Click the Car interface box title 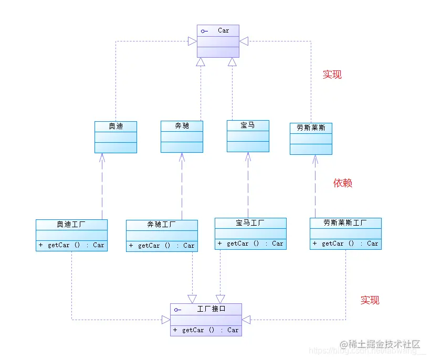(223, 30)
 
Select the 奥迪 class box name (115, 126)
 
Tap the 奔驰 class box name (182, 126)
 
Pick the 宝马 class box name (248, 125)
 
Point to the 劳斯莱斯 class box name (311, 128)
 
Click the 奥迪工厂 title (71, 225)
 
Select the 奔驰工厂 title (162, 225)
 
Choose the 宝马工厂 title (250, 223)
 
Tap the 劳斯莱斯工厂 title (345, 223)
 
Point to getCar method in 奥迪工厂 (71, 245)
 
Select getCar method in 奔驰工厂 (162, 246)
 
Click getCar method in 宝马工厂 (250, 243)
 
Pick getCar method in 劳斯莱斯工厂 (345, 243)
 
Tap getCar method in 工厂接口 (206, 330)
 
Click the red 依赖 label (342, 183)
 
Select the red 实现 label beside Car (332, 75)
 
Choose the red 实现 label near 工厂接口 (370, 300)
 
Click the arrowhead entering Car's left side (193, 41)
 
